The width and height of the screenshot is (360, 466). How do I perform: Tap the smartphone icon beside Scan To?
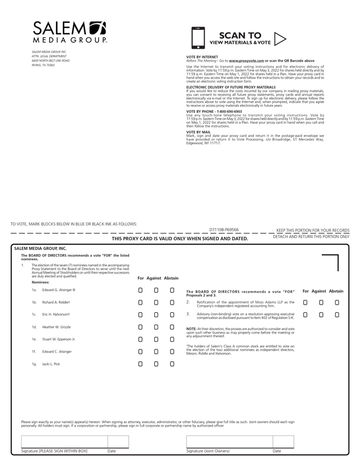197,38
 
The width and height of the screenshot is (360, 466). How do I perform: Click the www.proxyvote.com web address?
246,60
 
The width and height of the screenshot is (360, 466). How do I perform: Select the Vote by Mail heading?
199,132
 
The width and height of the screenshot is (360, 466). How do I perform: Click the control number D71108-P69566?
224,229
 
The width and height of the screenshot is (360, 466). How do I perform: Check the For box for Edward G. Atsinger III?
140,290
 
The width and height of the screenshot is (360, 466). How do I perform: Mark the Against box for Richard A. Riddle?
156,302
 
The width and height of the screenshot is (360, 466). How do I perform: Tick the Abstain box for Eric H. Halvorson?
172,315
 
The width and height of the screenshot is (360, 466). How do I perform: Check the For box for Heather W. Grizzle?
140,327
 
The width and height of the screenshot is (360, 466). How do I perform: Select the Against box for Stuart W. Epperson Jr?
156,340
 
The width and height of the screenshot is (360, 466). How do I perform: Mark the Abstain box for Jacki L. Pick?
172,364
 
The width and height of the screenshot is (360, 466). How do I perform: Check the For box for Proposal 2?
305,302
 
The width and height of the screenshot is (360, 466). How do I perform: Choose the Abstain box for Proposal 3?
337,315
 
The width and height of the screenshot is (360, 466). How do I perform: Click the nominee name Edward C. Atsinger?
57,352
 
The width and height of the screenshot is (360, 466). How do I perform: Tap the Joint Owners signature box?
229,442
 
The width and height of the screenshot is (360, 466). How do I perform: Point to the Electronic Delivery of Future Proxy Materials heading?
231,87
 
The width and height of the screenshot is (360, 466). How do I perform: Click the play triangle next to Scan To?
280,38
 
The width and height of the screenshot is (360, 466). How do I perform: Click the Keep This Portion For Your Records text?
313,230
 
